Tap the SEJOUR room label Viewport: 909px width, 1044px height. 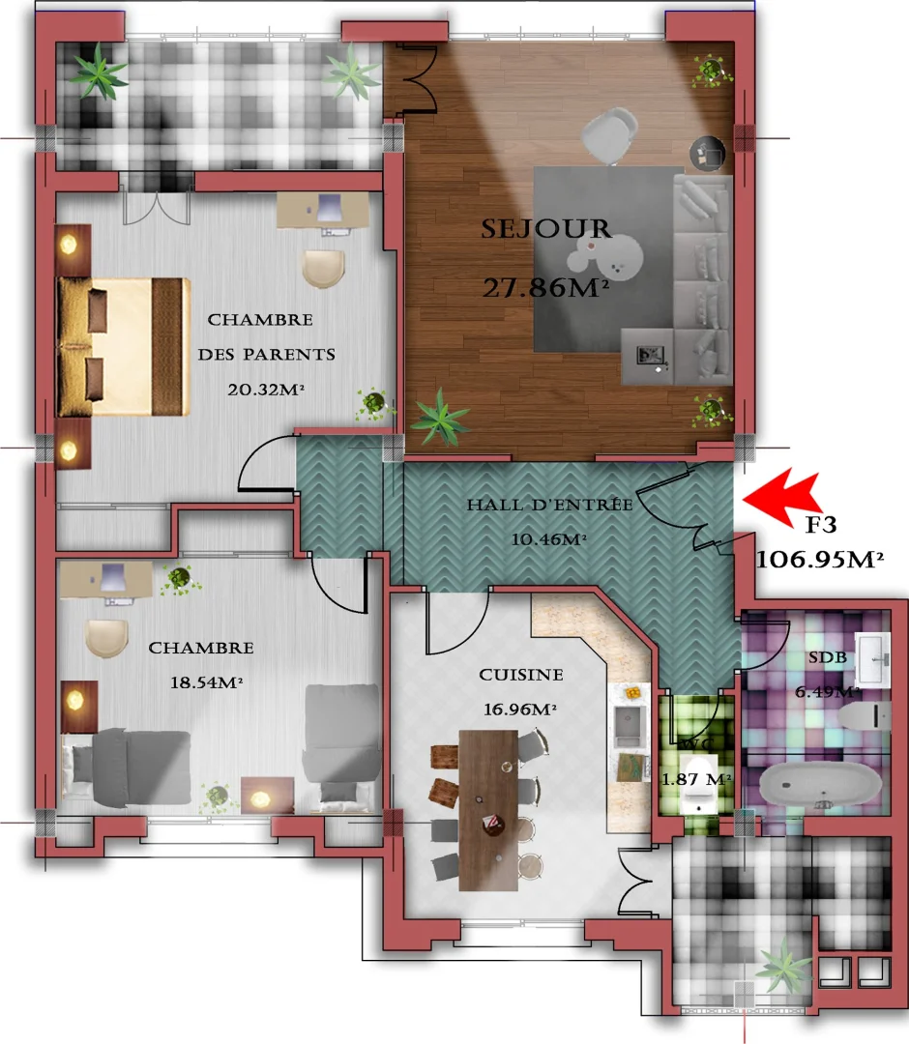tap(546, 229)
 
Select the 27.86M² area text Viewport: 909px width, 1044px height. tap(545, 287)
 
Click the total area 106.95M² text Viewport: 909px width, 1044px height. tap(821, 559)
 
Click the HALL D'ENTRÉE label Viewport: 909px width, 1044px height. tap(549, 505)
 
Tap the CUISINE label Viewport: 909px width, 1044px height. tap(521, 675)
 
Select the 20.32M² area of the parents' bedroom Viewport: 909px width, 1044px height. tap(265, 390)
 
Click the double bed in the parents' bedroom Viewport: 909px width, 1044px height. tap(122, 346)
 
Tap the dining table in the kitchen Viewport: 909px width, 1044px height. tap(488, 808)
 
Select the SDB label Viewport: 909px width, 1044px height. tap(828, 657)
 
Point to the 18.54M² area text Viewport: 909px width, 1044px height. tap(205, 682)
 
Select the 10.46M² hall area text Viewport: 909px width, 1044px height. tap(549, 539)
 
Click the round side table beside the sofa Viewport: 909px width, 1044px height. tap(711, 151)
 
